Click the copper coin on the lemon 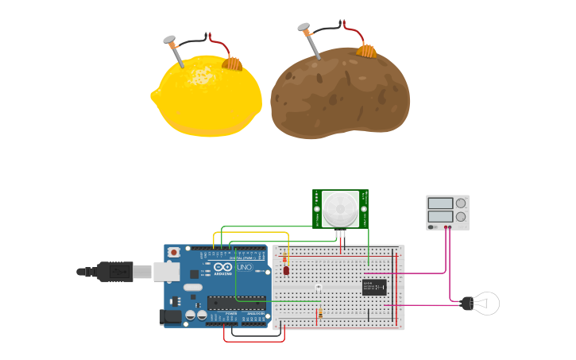[x=231, y=62]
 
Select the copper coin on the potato [x=365, y=51]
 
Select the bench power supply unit [x=447, y=212]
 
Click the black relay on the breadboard [x=374, y=287]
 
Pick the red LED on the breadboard [x=286, y=270]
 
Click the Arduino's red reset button [x=173, y=252]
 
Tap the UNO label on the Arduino [x=244, y=266]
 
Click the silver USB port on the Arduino [x=166, y=272]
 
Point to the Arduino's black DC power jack [x=170, y=316]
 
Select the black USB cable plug [x=115, y=271]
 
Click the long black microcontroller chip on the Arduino [x=237, y=302]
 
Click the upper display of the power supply [x=440, y=203]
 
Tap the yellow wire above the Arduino [x=250, y=233]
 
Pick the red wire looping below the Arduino [x=254, y=341]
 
